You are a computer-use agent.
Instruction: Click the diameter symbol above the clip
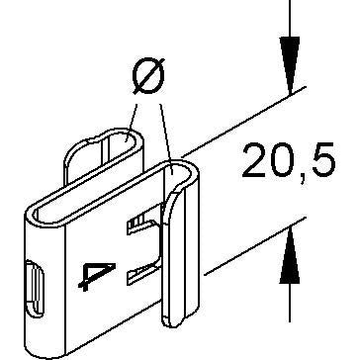coord(148,76)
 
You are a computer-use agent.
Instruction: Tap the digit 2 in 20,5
coord(255,160)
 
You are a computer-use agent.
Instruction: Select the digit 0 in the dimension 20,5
coord(283,160)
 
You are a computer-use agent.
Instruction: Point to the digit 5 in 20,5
coord(323,160)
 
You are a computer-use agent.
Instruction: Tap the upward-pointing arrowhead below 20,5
coord(290,255)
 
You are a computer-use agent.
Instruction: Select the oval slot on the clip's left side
coord(35,289)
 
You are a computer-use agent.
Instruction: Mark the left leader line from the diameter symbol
coord(133,121)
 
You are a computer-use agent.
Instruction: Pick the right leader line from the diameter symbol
coord(166,133)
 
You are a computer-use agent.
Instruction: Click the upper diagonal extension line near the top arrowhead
coord(244,122)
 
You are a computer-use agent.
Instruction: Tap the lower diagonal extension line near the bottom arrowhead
coord(255,246)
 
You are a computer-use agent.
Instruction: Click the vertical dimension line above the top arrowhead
coord(290,18)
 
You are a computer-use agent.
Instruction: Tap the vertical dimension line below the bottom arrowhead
coord(290,303)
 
